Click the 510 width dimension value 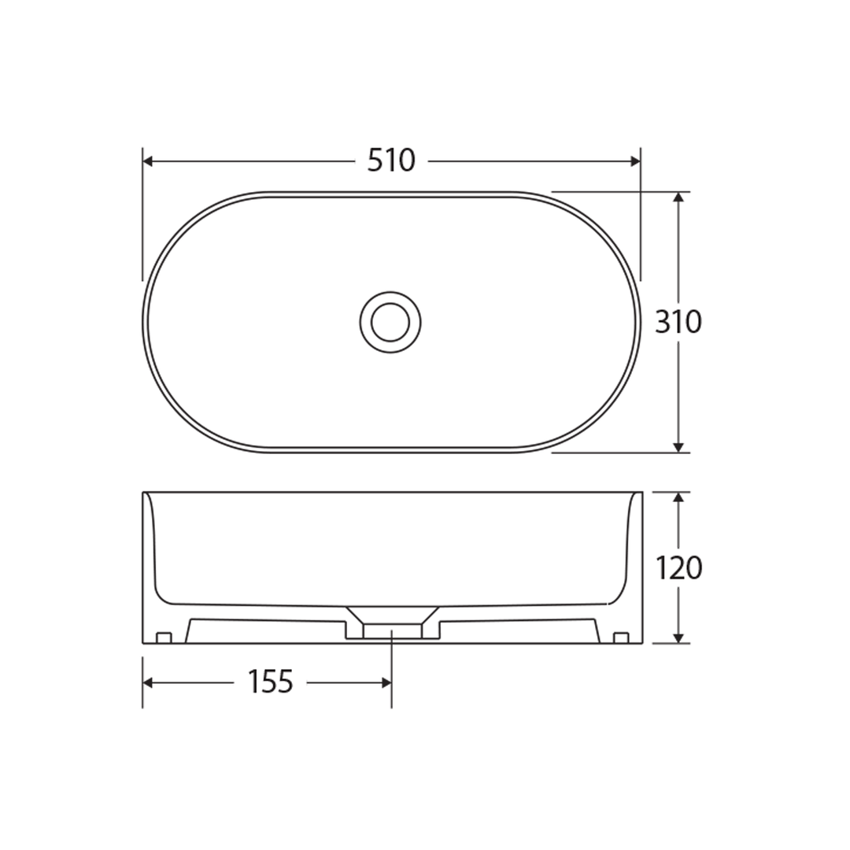pyautogui.click(x=391, y=161)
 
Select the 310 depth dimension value pyautogui.click(x=678, y=322)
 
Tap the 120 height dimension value pyautogui.click(x=678, y=567)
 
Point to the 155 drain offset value pyautogui.click(x=270, y=682)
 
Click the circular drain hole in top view pyautogui.click(x=390, y=322)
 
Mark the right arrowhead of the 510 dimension pyautogui.click(x=636, y=161)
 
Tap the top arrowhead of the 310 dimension pyautogui.click(x=678, y=197)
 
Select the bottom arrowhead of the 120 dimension pyautogui.click(x=678, y=637)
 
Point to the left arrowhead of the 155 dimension pyautogui.click(x=148, y=682)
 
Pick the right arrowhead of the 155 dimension pyautogui.click(x=386, y=682)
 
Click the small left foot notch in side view pyautogui.click(x=164, y=637)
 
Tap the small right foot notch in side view pyautogui.click(x=620, y=637)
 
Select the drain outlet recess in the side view pyautogui.click(x=391, y=630)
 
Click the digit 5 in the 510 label pyautogui.click(x=376, y=161)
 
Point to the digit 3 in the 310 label pyautogui.click(x=663, y=322)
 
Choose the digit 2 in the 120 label pyautogui.click(x=678, y=567)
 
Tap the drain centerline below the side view pyautogui.click(x=391, y=669)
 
